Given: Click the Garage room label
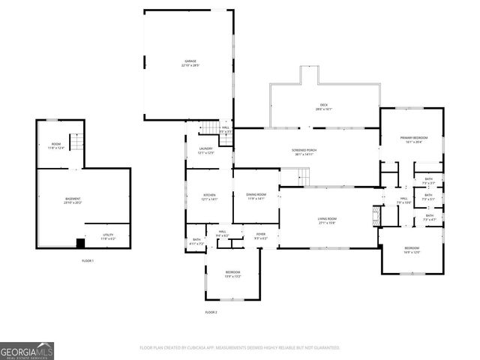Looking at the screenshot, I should [x=189, y=63].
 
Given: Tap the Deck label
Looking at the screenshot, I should [x=323, y=107].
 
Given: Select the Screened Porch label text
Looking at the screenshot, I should [x=304, y=151].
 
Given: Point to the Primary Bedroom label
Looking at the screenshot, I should [x=412, y=140].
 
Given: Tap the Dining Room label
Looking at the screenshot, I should [x=256, y=196].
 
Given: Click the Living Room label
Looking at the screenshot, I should [x=326, y=220].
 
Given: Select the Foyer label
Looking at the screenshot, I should [x=260, y=236].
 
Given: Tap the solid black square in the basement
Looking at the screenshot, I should [x=80, y=243].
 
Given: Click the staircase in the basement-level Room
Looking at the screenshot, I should [x=76, y=141].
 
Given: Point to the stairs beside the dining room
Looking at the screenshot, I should [x=302, y=177].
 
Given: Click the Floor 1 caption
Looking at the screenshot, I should [x=88, y=260].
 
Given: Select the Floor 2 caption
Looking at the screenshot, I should [x=211, y=312].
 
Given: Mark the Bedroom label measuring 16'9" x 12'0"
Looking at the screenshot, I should [x=412, y=250].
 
